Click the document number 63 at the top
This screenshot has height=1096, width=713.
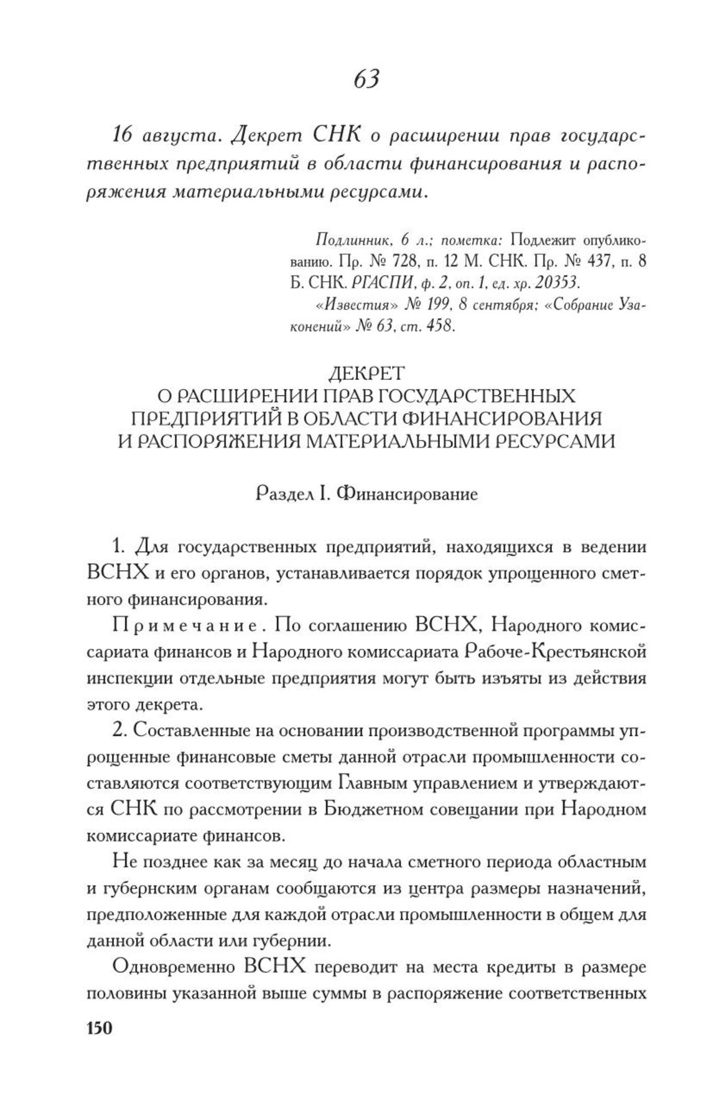point(366,79)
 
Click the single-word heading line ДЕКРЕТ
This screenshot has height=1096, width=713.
point(366,373)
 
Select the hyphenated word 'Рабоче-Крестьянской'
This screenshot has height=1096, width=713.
point(555,651)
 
